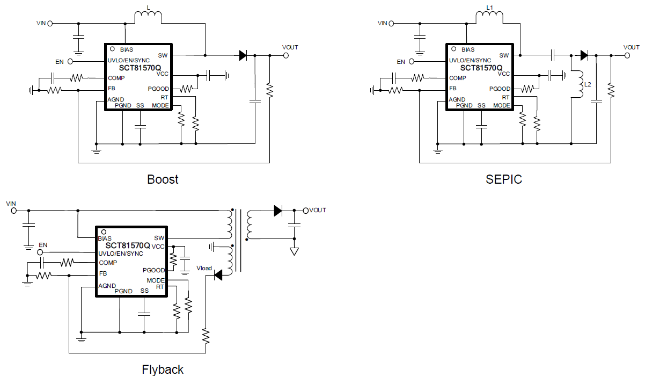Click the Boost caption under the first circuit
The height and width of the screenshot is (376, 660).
coord(163,179)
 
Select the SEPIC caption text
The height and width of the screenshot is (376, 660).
coord(503,179)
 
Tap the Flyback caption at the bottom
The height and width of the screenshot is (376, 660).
coord(163,370)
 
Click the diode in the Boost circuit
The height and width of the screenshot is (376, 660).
coord(243,55)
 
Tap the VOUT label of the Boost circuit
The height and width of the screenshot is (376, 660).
coord(290,47)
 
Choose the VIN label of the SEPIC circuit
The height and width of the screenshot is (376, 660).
coord(382,23)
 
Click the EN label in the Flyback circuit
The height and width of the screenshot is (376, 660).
coord(43,245)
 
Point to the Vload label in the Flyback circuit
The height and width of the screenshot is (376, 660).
coord(204,268)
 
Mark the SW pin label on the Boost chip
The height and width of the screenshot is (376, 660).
coord(163,55)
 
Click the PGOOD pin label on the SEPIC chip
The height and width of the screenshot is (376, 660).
coord(500,89)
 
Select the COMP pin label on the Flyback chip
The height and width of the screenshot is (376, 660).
coord(108,263)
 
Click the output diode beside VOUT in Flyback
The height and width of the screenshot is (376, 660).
coord(277,211)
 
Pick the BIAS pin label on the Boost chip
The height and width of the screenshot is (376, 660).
coord(127,49)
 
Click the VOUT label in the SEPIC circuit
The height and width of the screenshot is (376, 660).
coord(632,47)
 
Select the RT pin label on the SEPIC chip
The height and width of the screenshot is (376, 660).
coord(505,97)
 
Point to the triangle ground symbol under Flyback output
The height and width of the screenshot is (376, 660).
coord(294,251)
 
